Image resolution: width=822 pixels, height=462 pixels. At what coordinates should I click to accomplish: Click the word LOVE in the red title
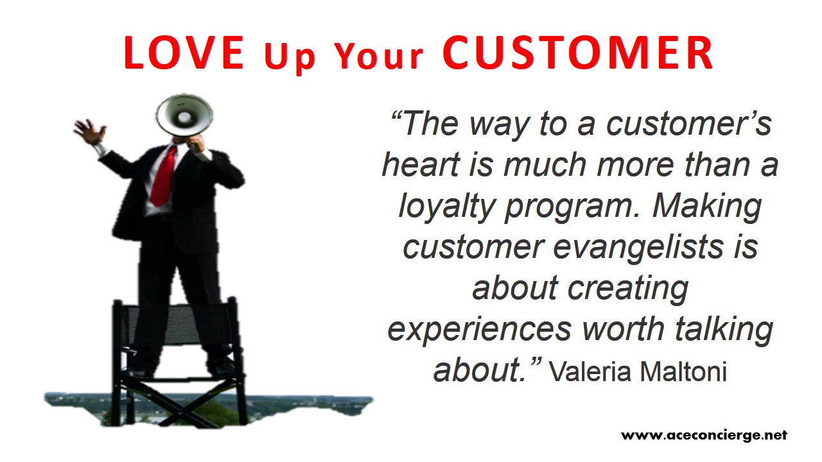(184, 53)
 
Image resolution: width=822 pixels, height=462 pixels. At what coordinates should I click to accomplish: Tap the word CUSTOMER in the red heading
(578, 53)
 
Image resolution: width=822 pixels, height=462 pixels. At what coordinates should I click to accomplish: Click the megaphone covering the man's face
(184, 116)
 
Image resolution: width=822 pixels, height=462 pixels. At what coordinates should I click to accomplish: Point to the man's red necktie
(163, 175)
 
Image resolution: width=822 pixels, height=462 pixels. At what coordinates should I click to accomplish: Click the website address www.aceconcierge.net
(704, 435)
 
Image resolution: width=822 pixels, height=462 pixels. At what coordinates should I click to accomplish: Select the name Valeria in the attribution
(590, 372)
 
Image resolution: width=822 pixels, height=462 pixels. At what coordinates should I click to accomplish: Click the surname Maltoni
(683, 372)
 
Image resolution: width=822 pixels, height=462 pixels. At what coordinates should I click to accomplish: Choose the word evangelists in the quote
(638, 248)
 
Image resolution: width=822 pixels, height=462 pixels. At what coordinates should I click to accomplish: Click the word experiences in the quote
(479, 329)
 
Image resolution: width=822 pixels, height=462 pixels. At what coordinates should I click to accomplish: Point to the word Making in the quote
(706, 207)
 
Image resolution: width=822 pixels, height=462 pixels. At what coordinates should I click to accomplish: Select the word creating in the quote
(627, 289)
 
